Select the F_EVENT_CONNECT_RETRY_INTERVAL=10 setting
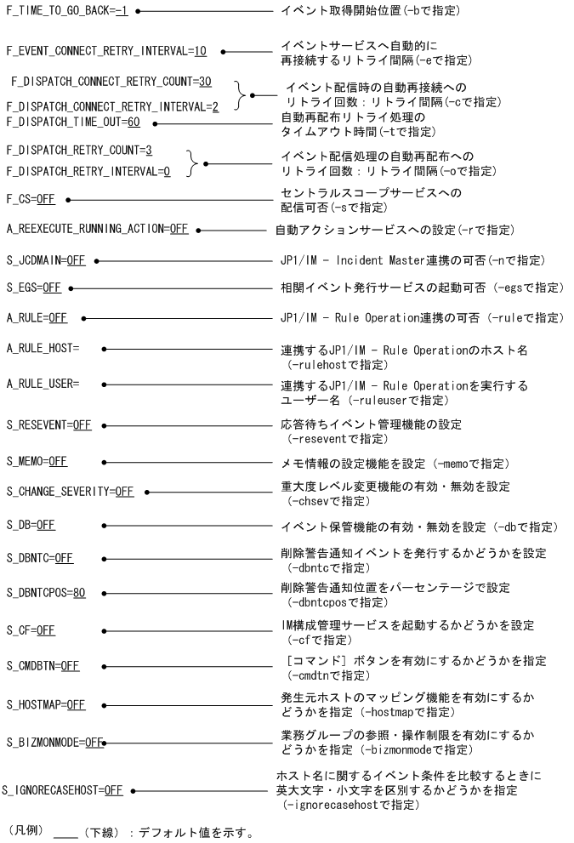[106, 50]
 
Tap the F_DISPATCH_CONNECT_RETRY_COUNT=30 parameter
[111, 82]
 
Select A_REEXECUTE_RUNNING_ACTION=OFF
[97, 230]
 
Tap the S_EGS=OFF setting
[33, 288]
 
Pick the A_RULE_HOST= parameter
[43, 349]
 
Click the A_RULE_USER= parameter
[43, 384]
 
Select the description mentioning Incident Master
[411, 259]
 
